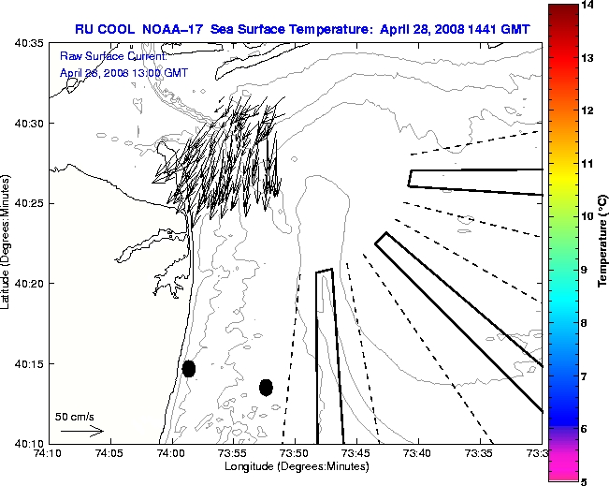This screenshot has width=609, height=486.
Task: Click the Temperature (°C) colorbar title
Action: click(x=603, y=243)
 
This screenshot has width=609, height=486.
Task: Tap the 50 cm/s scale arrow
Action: click(x=81, y=431)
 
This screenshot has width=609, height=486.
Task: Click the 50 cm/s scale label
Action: click(x=75, y=417)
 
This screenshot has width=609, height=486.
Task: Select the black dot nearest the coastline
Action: click(x=189, y=368)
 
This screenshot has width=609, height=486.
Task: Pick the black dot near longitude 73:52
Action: click(x=266, y=387)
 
